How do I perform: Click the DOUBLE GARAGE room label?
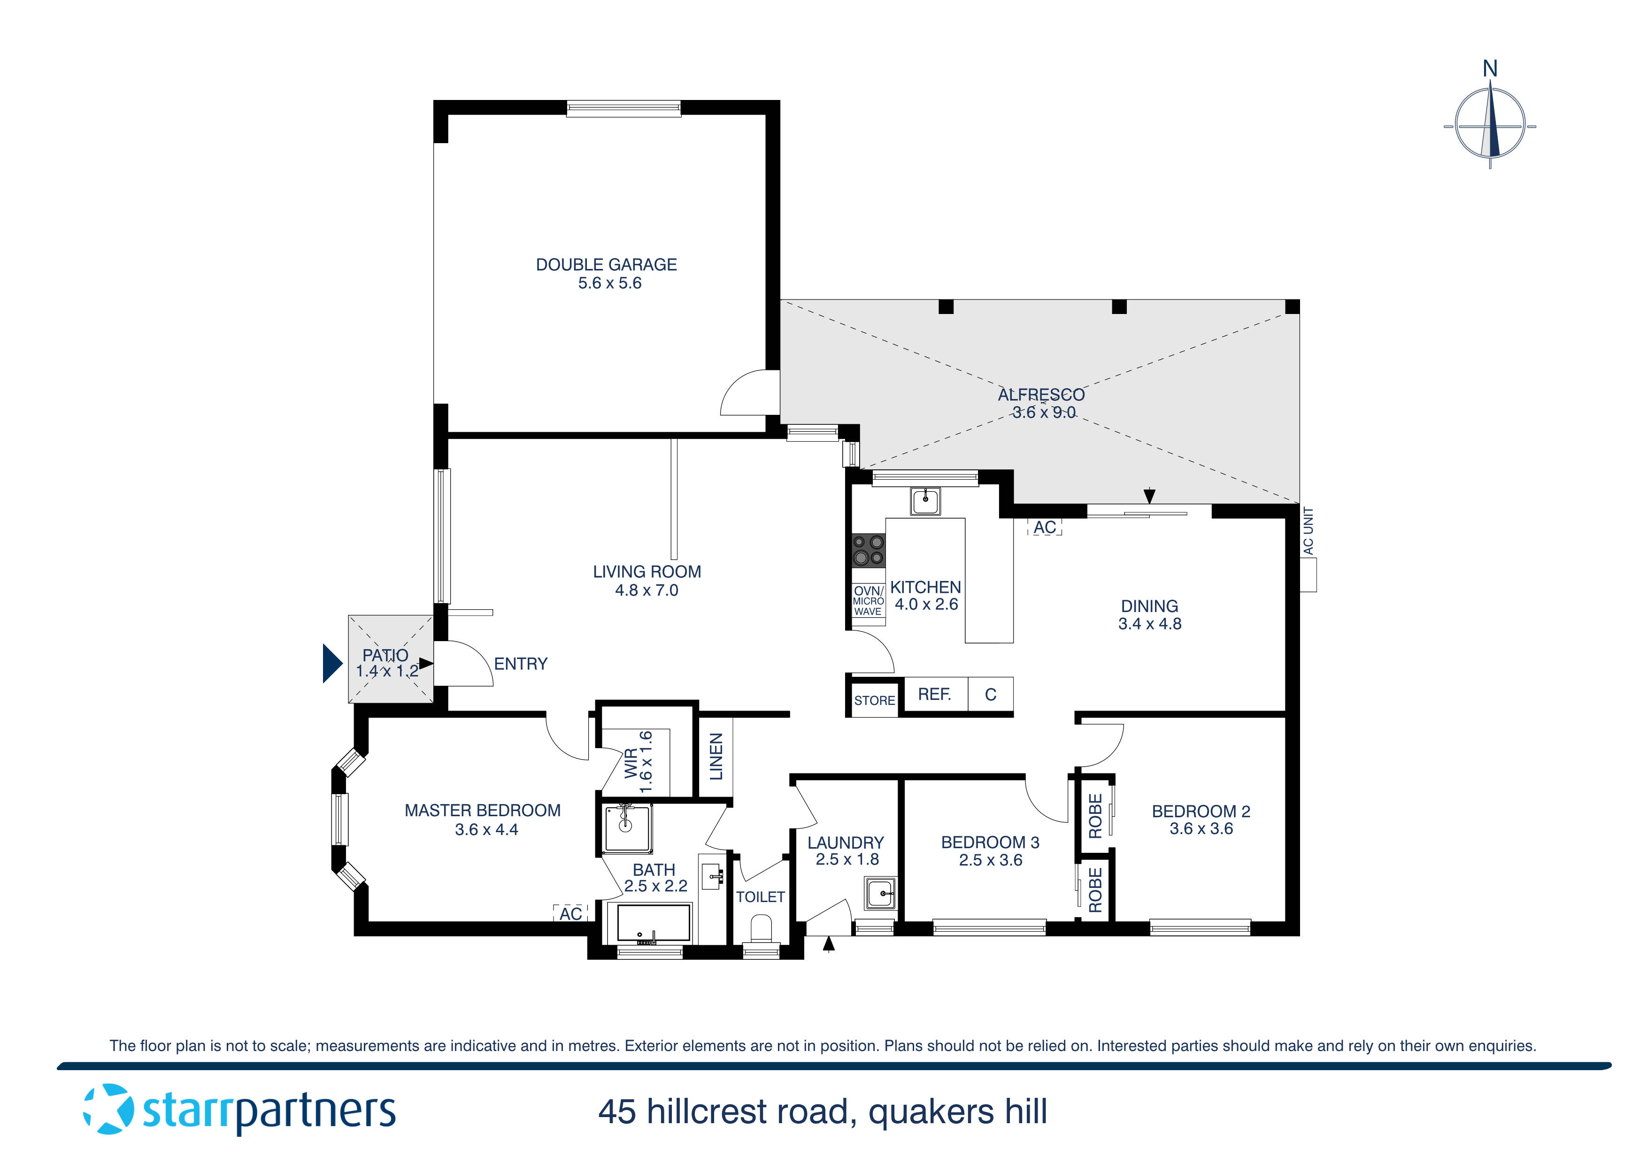[606, 265]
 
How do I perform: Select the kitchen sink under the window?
[925, 501]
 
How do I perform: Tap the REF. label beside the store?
[934, 694]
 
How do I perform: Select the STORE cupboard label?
[874, 701]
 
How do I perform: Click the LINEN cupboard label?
[716, 757]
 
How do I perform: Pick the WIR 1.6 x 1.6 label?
[639, 762]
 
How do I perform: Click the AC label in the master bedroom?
[571, 914]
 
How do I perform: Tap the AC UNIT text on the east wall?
[1308, 531]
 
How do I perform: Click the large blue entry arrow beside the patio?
[331, 663]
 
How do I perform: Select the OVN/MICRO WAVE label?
[868, 601]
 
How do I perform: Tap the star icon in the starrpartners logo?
[108, 1110]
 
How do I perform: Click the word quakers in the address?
[931, 1111]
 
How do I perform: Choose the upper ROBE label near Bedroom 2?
[1095, 816]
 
